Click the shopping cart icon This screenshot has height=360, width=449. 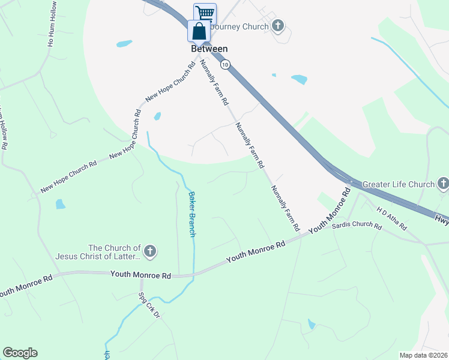pyautogui.click(x=205, y=13)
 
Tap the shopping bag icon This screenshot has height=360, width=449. pyautogui.click(x=199, y=31)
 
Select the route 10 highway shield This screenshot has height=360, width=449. pyautogui.click(x=224, y=64)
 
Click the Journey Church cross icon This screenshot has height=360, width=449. pyautogui.click(x=277, y=25)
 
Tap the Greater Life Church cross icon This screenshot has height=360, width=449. pyautogui.click(x=443, y=184)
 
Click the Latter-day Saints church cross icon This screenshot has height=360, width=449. pyautogui.click(x=150, y=251)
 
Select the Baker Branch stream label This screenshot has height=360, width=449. pyautogui.click(x=192, y=214)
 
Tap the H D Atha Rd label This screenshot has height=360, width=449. pyautogui.click(x=392, y=218)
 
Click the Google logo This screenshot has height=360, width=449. pyautogui.click(x=20, y=353)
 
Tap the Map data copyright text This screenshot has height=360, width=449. pyautogui.click(x=424, y=355)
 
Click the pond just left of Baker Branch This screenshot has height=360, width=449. pyautogui.click(x=157, y=116)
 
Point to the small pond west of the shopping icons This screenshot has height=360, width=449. pyautogui.click(x=124, y=44)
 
